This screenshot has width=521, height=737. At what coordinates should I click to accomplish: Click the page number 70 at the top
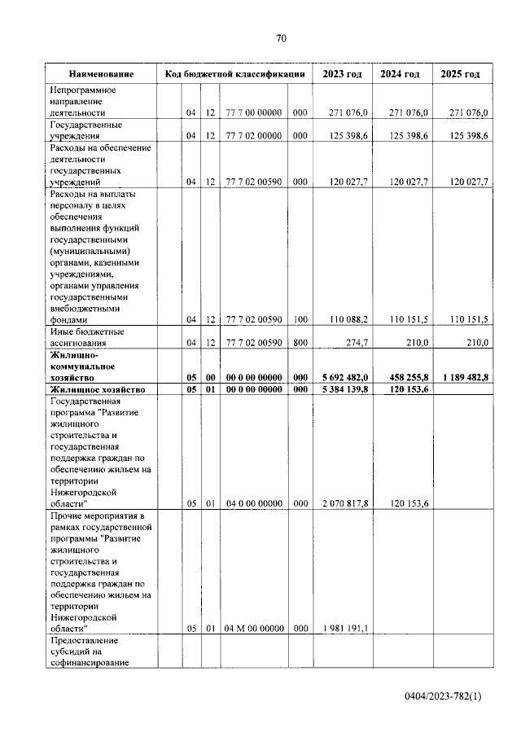pos(282,38)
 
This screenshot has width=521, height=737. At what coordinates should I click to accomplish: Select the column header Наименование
pos(101,74)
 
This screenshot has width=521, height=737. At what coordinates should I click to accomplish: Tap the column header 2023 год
pos(342,74)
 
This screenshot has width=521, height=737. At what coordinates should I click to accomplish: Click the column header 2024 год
pos(401,74)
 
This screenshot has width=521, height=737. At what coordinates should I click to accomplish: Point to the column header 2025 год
pos(461,74)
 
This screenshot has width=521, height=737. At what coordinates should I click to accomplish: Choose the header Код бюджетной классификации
pos(234,74)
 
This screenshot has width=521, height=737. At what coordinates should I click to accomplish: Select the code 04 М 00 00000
pos(253,628)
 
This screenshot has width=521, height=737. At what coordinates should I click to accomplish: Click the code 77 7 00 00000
pos(253,113)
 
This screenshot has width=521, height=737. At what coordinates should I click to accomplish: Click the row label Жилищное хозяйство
pos(98,390)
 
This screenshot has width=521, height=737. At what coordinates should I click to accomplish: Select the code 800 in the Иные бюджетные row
pos(300,344)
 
